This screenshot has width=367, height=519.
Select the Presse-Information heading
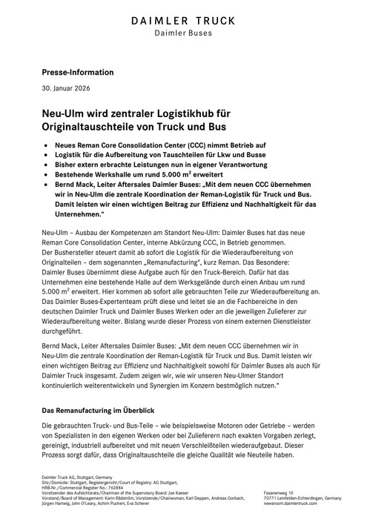77,73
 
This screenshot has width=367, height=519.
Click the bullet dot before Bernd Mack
48,198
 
